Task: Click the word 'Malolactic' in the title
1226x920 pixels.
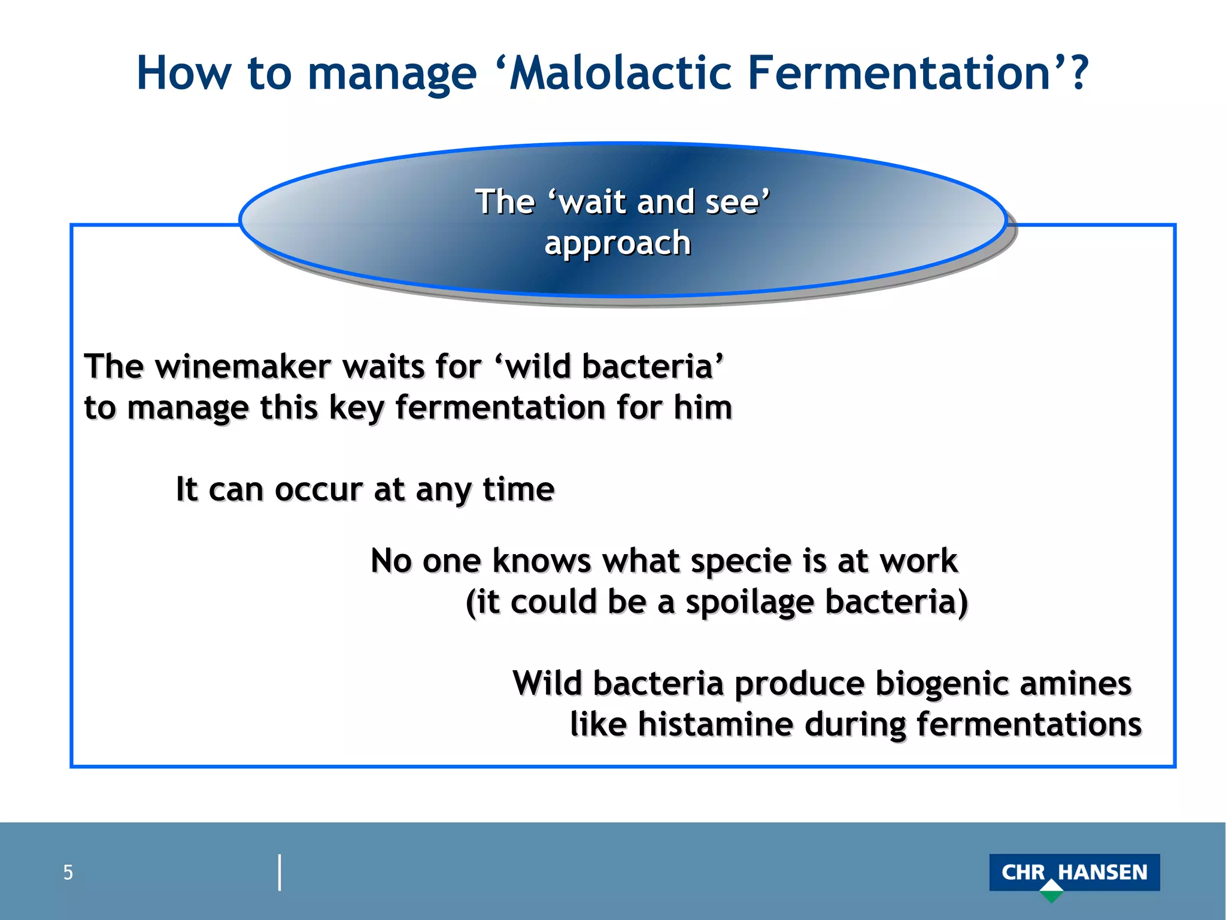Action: (x=620, y=73)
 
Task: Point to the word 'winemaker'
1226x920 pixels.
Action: (x=242, y=367)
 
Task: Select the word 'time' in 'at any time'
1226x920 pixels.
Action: (x=518, y=489)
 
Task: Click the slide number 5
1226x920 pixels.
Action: (x=68, y=873)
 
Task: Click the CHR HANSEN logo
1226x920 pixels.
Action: (x=1074, y=872)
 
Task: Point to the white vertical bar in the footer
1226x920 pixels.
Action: (x=280, y=873)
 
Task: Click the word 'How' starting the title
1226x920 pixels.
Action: (x=183, y=73)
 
